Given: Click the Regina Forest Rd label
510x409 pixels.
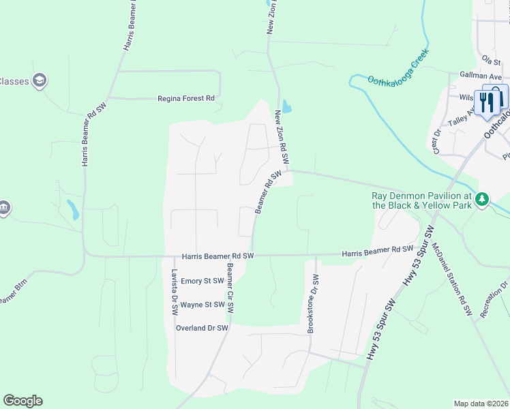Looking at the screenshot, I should pos(186,99).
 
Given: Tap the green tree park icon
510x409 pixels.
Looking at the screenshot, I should pos(483,199).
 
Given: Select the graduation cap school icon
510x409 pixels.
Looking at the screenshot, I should pos(40,80).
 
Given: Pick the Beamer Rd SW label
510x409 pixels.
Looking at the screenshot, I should pos(268,192).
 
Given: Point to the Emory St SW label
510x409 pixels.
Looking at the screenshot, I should pos(203,281).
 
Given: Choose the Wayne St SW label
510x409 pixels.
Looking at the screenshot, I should pos(203,305).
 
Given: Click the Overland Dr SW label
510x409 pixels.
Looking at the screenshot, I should pos(202,328).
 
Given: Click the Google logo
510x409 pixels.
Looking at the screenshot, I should pos(22,401).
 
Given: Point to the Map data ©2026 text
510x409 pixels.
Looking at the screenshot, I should pos(481,404).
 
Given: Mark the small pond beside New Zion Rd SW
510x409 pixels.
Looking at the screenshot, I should pos(287,107).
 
